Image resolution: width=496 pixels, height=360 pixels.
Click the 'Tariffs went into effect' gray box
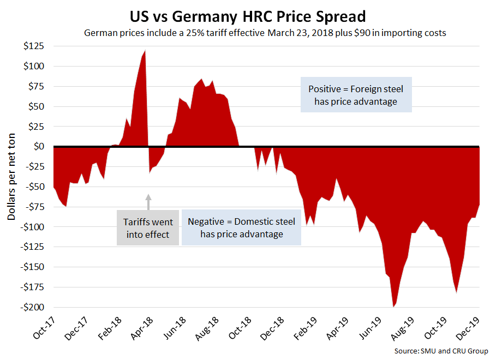click(x=148, y=228)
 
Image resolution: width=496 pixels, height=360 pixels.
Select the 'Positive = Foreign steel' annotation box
click(x=356, y=95)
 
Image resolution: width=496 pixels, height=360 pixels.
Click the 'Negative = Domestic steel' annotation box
click(x=241, y=228)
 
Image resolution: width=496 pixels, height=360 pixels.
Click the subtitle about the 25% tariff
click(x=265, y=33)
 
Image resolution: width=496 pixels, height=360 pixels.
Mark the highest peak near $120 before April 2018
click(x=145, y=51)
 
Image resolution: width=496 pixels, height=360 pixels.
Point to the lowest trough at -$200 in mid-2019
click(x=393, y=307)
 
